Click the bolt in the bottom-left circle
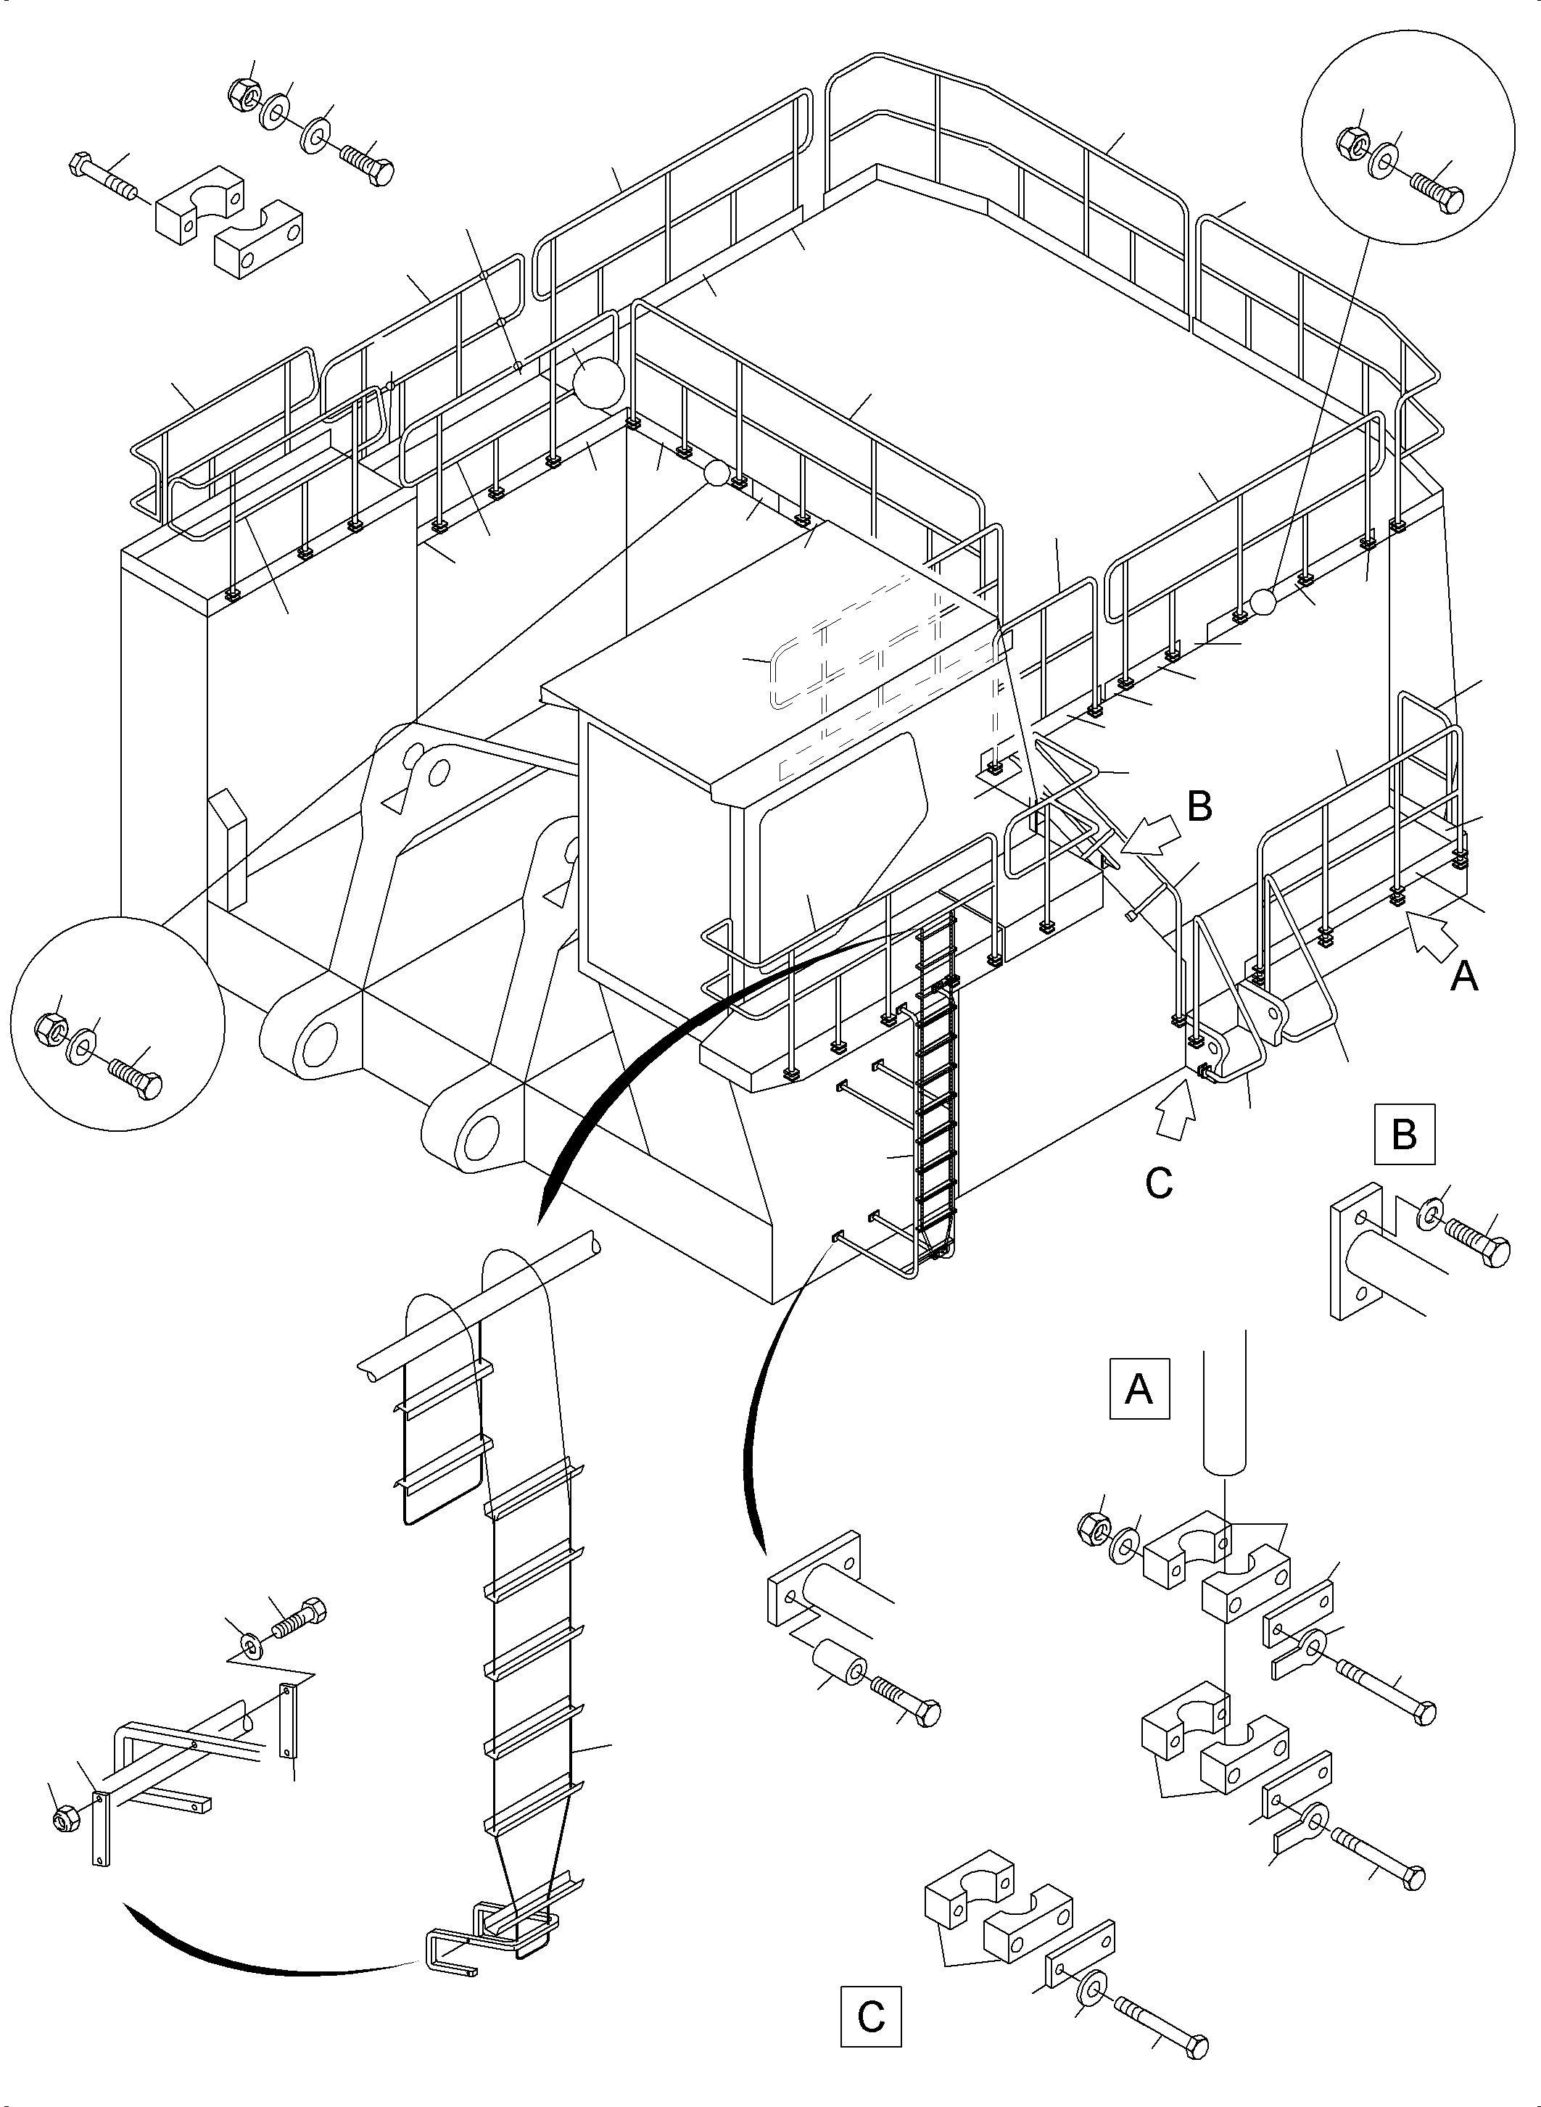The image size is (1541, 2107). pyautogui.click(x=136, y=1077)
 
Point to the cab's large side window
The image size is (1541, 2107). pyautogui.click(x=840, y=840)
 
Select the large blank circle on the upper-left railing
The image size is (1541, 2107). pyautogui.click(x=597, y=382)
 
